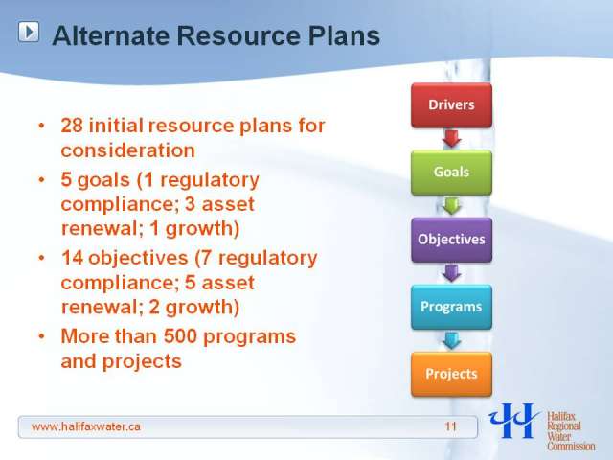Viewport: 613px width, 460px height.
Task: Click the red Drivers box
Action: tap(451, 104)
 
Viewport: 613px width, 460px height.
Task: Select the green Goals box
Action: tap(451, 172)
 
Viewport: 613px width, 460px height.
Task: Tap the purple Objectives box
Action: tap(451, 240)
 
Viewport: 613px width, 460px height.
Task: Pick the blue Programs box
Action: tap(451, 307)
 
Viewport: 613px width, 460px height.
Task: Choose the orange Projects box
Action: tap(451, 374)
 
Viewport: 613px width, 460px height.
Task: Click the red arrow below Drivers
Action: tap(451, 138)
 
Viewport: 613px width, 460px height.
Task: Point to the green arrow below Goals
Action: tap(451, 206)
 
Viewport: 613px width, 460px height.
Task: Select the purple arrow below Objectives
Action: tap(451, 273)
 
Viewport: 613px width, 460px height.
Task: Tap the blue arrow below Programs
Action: tap(451, 340)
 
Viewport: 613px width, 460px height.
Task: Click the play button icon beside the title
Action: tap(29, 32)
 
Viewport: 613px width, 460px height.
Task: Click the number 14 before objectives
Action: tap(73, 258)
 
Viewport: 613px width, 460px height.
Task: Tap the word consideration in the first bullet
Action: tap(127, 150)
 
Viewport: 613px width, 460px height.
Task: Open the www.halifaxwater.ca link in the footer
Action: tap(85, 426)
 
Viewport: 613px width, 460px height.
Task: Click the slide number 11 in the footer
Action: tap(451, 426)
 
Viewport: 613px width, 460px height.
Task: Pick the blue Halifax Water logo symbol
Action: tap(513, 421)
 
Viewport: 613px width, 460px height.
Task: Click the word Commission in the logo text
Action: tap(571, 446)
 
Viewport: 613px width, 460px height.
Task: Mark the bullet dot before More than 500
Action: tap(42, 336)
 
